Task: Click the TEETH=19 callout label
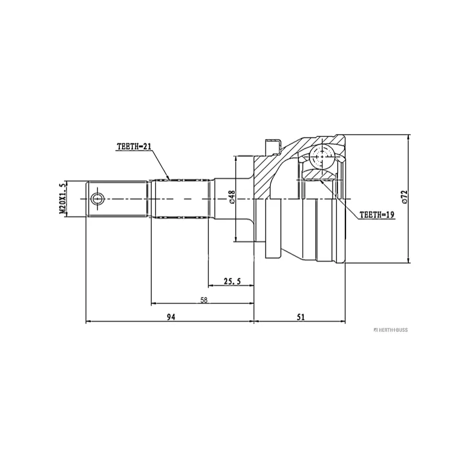coord(376,216)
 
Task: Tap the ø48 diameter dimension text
coord(232,196)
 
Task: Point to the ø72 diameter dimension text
coord(405,197)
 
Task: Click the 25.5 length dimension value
coord(233,281)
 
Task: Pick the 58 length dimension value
coord(204,300)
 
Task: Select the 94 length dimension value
coord(171,317)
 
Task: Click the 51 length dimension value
coord(301,317)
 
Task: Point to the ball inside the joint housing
coord(323,157)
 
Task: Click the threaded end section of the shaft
coord(117,199)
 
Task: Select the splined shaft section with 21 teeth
coord(180,199)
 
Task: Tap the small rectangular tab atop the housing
coord(274,144)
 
